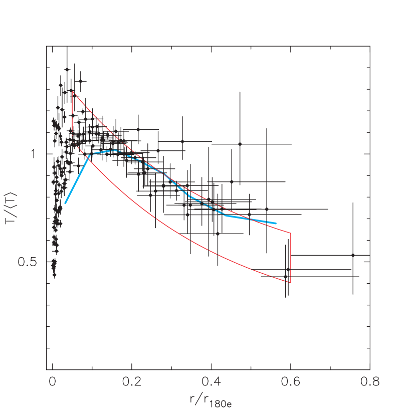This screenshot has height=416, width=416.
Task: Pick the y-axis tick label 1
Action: pos(34,154)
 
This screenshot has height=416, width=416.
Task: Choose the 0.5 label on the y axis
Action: pos(28,262)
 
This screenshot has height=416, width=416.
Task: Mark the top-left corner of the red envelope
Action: pos(72,91)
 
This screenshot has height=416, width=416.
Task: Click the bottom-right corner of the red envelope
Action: pos(291,283)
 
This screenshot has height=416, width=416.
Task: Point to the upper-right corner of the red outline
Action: pos(291,233)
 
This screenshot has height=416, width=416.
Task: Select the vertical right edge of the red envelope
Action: pos(291,258)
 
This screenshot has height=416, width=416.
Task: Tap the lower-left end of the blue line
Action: pos(65,203)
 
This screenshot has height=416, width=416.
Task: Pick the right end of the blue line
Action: pos(276,223)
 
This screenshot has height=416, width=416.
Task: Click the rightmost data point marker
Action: pos(353,255)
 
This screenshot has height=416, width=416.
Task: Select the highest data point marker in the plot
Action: pos(66,70)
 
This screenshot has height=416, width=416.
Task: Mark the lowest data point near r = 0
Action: pos(54,275)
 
